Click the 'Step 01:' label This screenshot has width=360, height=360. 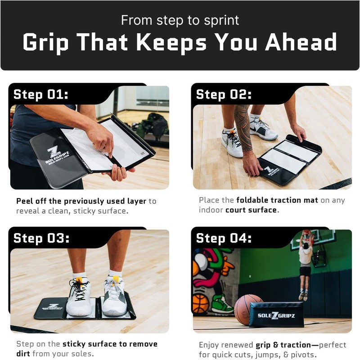click(41, 94)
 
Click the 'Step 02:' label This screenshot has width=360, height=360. click(224, 94)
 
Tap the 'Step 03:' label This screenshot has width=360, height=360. click(41, 238)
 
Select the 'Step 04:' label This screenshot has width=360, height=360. click(224, 238)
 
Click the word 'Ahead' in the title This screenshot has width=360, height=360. click(301, 42)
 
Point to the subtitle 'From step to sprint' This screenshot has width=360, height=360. click(180, 20)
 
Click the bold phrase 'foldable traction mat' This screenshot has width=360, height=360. click(277, 200)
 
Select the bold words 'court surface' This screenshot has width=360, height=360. click(251, 210)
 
